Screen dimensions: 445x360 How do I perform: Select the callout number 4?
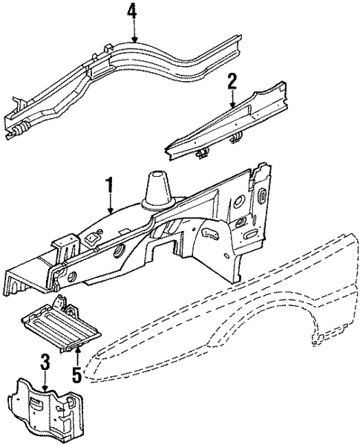(133, 12)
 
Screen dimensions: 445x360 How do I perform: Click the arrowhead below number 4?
(134, 40)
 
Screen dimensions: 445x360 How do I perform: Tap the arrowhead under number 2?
(232, 108)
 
